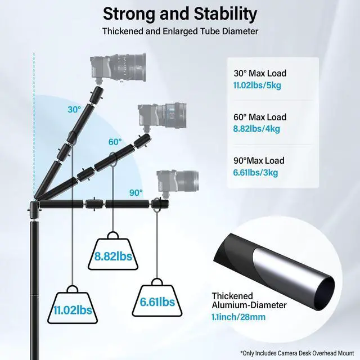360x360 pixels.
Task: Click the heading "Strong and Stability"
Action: coord(180,13)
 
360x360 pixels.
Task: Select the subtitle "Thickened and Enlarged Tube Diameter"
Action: coord(180,31)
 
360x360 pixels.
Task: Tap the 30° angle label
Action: coord(74,110)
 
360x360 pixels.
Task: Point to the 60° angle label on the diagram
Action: coord(115,142)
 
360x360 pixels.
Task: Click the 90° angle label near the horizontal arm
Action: coord(136,192)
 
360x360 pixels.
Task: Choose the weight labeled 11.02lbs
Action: coord(74,307)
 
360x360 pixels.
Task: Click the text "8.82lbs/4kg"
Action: coord(256,129)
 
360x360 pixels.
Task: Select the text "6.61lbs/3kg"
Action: coord(256,173)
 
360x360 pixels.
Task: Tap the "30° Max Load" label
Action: coord(259,73)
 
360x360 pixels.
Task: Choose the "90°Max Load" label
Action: coord(259,161)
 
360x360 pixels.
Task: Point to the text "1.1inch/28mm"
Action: coord(238,317)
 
